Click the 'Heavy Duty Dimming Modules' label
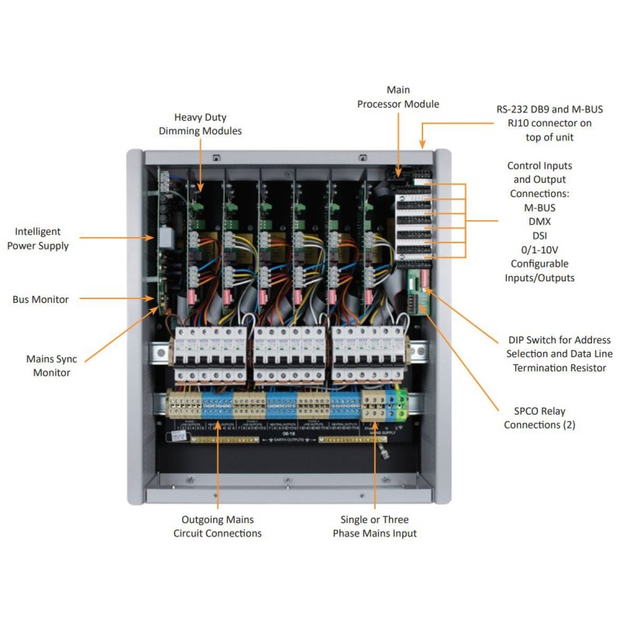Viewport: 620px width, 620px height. (x=200, y=123)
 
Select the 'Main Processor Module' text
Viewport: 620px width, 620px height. (x=398, y=98)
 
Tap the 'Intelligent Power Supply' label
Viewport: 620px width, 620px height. (x=48, y=239)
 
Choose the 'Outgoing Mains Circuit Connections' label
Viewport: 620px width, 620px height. (x=221, y=526)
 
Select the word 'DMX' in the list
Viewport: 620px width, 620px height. (x=539, y=221)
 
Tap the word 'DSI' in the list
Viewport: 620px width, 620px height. (x=539, y=235)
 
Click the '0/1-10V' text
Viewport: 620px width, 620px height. (x=539, y=250)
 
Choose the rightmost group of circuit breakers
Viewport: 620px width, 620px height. (x=366, y=353)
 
